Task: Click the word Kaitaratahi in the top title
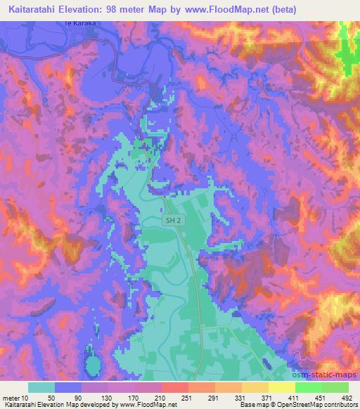coord(32,9)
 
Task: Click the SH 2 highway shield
coord(175,221)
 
